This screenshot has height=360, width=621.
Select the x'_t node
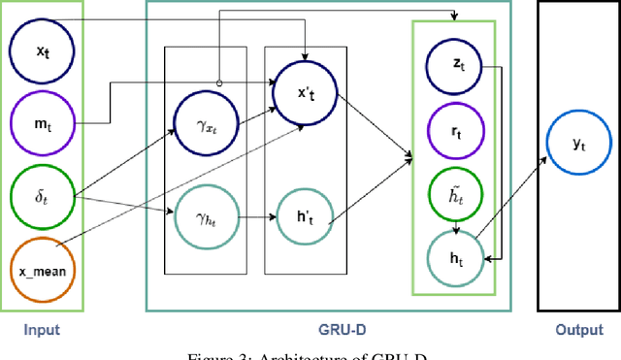(306, 91)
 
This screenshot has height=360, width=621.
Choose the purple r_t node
(454, 126)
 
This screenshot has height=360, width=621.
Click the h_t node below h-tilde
(454, 257)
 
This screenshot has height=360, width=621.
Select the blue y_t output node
(578, 143)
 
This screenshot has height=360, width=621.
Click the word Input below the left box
(42, 330)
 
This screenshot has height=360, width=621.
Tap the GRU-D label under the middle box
(331, 330)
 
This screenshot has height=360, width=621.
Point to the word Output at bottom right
(578, 330)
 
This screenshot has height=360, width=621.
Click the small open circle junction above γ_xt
(218, 83)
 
